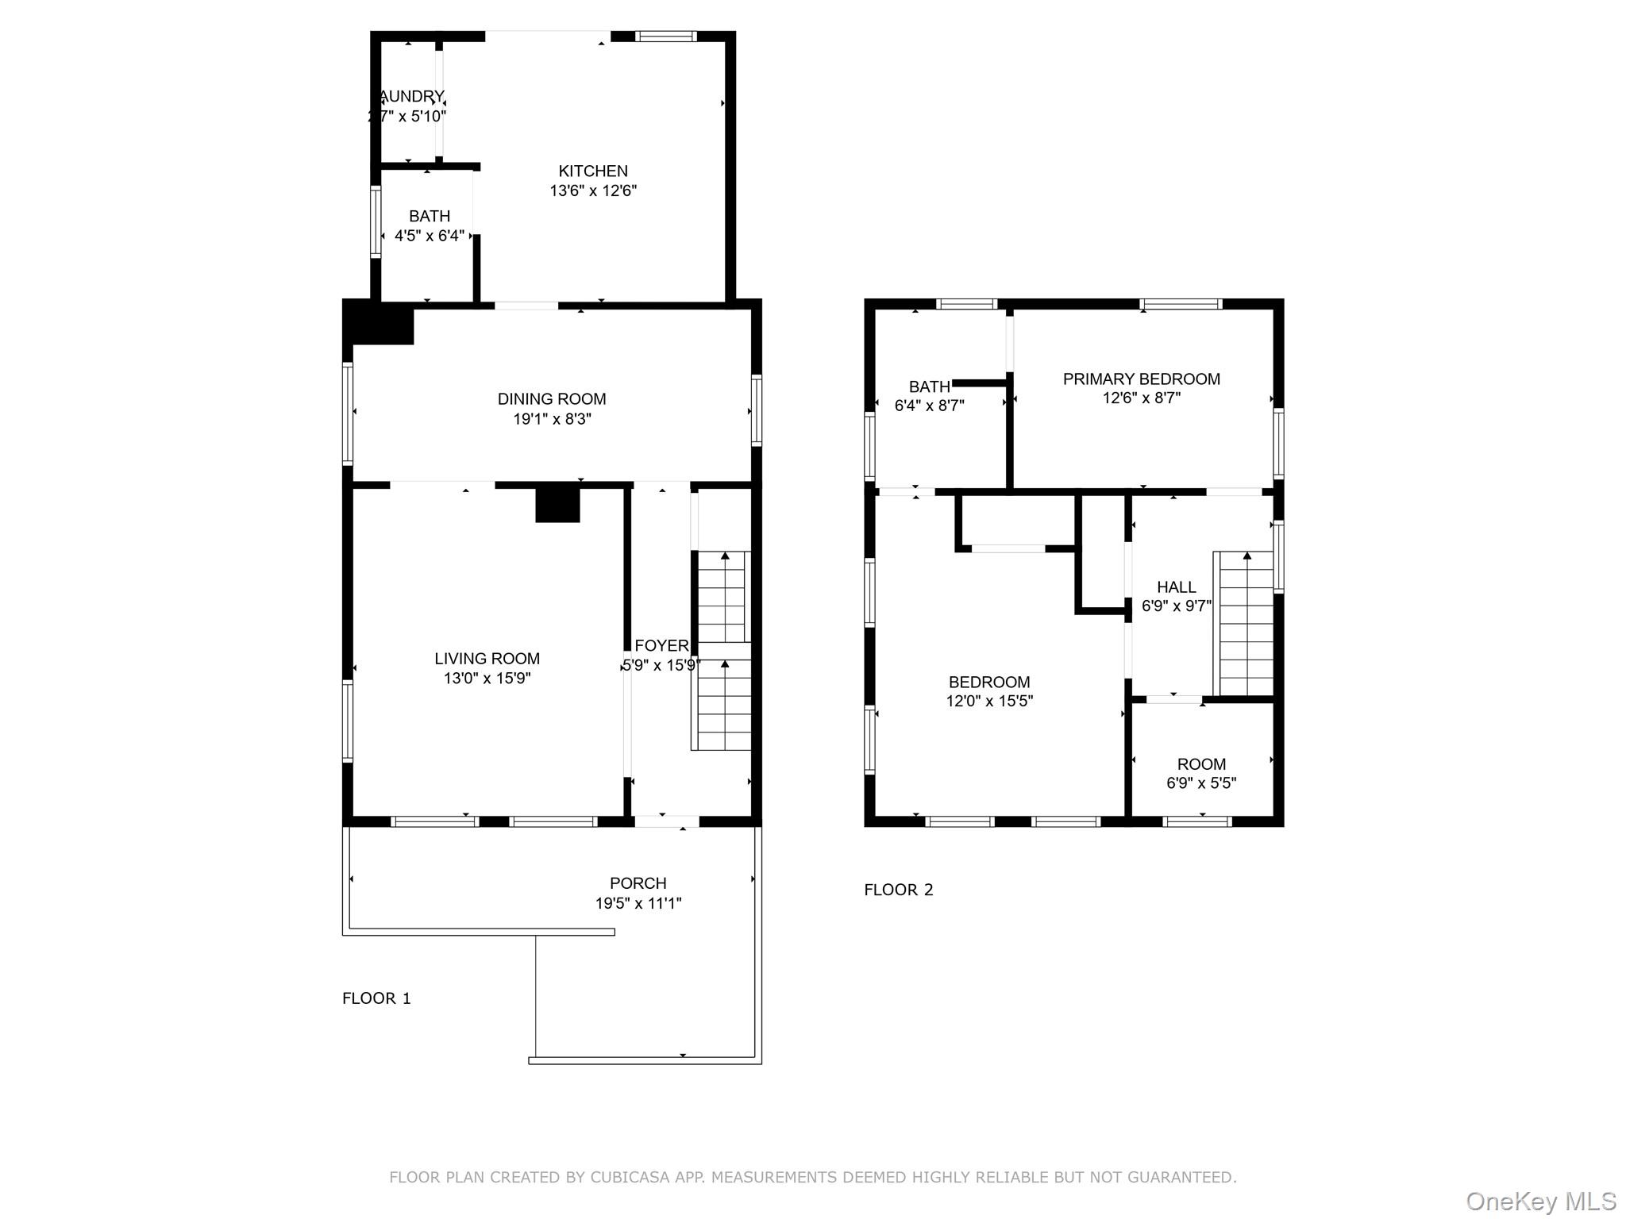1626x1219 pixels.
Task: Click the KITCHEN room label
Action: pos(592,171)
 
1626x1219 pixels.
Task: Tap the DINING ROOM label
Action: pos(552,399)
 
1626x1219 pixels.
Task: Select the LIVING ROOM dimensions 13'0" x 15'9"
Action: pos(487,679)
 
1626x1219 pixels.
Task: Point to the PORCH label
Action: pos(638,883)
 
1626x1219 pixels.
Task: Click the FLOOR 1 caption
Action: pos(376,998)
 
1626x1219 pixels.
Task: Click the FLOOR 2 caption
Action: pos(898,890)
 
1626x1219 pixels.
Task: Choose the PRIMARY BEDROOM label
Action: pos(1141,379)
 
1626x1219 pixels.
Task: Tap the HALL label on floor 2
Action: pos(1176,587)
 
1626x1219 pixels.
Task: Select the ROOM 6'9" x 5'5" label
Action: pos(1200,774)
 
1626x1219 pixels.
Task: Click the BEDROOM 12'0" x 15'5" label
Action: pos(988,691)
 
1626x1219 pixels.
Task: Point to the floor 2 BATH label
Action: pos(929,387)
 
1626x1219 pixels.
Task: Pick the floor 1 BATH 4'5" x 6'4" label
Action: pos(429,226)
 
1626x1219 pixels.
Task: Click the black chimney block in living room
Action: pos(557,505)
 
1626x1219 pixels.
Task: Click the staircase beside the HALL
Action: pos(1246,625)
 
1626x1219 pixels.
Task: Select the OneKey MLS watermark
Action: pos(1540,1202)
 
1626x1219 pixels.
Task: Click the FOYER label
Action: pos(661,646)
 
